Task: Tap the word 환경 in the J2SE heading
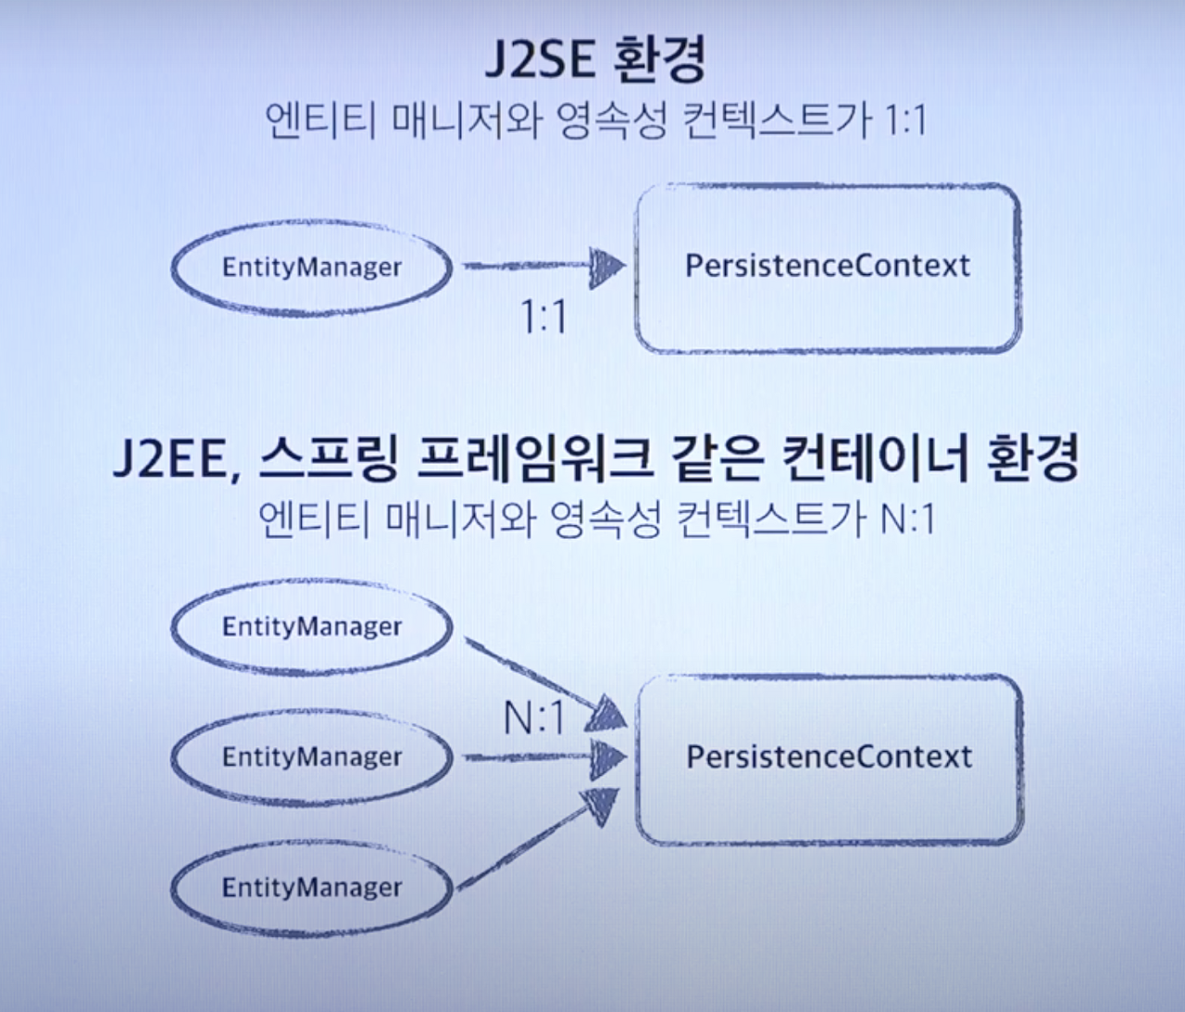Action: [659, 59]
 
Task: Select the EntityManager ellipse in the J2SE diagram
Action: [311, 268]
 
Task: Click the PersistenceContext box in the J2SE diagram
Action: [828, 267]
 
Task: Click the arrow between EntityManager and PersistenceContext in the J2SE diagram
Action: [542, 267]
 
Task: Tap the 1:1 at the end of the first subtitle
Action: [904, 120]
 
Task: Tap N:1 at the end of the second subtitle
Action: [906, 518]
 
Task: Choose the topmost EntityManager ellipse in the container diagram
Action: [311, 627]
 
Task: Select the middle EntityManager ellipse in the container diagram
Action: [311, 757]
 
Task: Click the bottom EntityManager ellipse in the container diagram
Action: [311, 888]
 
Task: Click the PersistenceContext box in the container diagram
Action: [829, 757]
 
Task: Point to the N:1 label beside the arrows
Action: [533, 718]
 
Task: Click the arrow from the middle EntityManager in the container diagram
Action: [542, 757]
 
